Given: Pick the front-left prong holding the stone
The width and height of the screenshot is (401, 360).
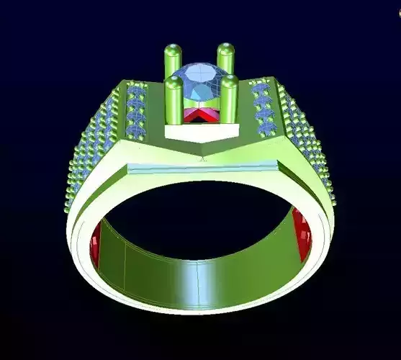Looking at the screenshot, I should pos(174,101).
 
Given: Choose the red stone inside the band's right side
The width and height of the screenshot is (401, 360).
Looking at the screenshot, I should pos(302,234).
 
